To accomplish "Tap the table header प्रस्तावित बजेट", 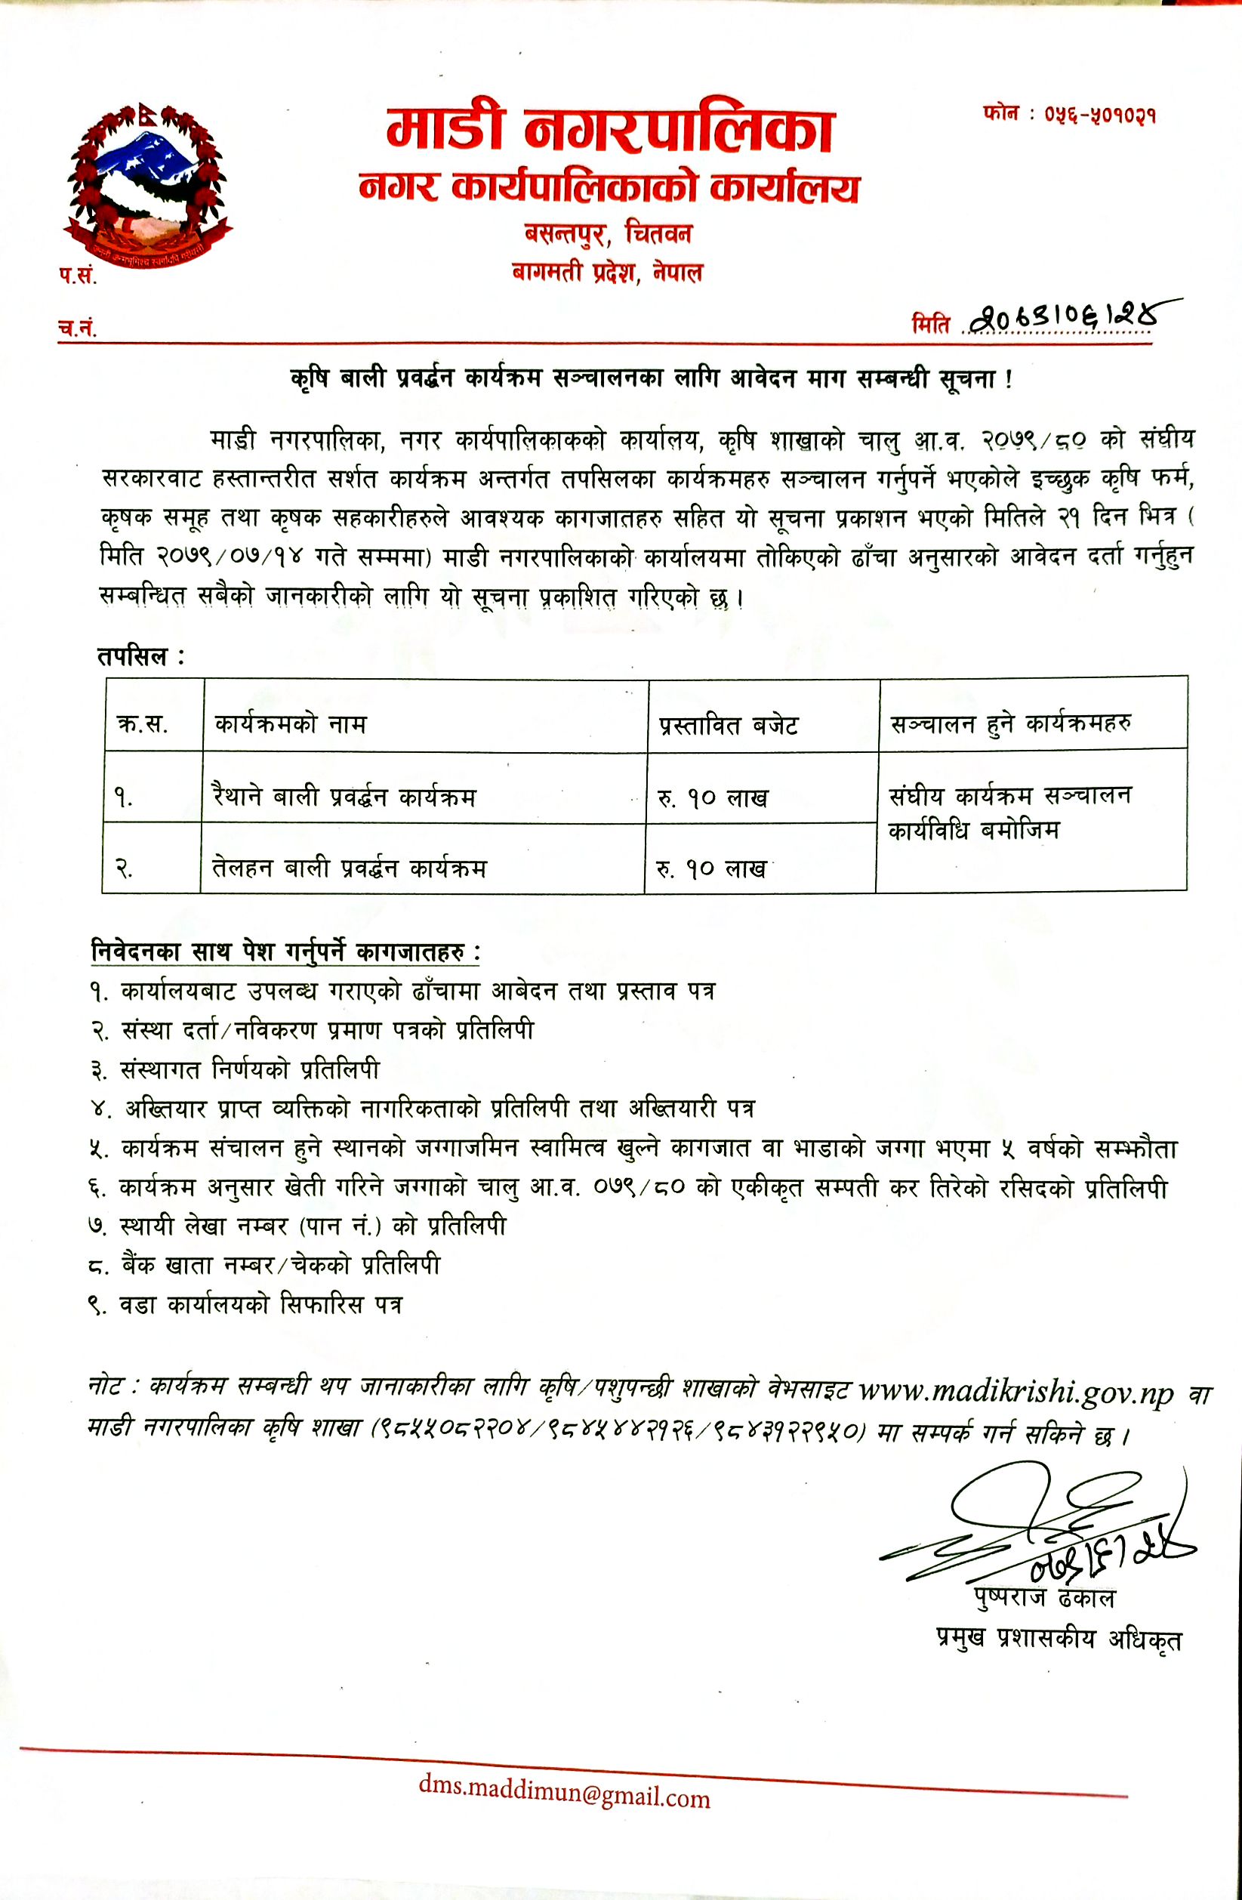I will [728, 725].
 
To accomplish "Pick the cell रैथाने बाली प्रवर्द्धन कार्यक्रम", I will [344, 797].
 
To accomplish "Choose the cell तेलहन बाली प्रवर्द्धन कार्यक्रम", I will [349, 868].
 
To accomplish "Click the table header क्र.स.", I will [142, 725].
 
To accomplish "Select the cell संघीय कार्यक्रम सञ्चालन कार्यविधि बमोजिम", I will [1009, 813].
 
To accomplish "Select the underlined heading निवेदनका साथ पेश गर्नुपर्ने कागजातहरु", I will [285, 952].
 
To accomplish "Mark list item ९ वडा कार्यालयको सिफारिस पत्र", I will [246, 1305].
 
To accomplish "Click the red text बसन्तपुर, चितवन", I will [609, 234].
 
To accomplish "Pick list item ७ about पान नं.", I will [297, 1226].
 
